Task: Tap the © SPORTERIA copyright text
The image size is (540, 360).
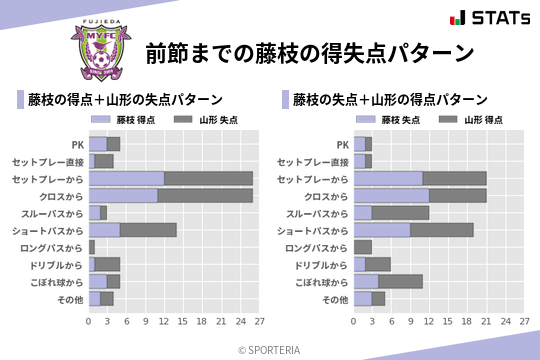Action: click(x=270, y=349)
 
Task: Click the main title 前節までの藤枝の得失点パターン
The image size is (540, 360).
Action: click(x=308, y=52)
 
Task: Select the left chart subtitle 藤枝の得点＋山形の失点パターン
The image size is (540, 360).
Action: click(x=127, y=100)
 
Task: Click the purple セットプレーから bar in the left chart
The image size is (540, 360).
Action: click(x=126, y=178)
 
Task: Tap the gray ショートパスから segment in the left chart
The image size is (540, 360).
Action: click(x=148, y=229)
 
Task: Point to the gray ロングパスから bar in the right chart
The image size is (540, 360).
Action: click(x=363, y=247)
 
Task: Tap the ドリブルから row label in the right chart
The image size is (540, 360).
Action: click(x=322, y=264)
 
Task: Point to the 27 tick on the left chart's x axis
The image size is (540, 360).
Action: click(x=258, y=321)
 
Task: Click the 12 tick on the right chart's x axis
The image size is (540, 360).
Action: click(x=429, y=321)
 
